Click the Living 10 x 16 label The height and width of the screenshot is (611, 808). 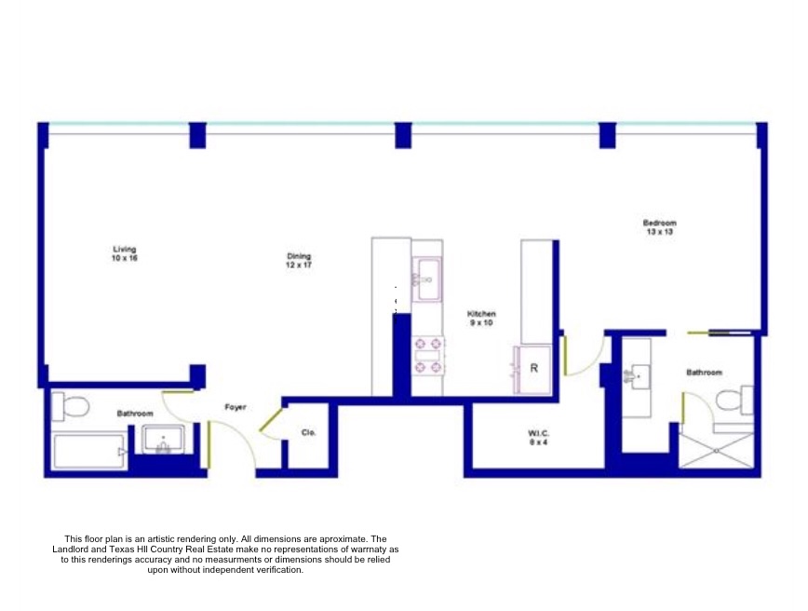(125, 252)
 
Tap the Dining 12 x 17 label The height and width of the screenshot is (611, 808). (298, 261)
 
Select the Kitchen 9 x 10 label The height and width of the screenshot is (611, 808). (481, 319)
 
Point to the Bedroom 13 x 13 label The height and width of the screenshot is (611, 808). (659, 227)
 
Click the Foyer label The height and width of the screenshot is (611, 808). (236, 407)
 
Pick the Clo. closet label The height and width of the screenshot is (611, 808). (308, 432)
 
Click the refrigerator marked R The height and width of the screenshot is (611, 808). (533, 368)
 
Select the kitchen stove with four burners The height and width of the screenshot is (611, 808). (428, 355)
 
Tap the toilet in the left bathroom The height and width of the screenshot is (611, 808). (71, 405)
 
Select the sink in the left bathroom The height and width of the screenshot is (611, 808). (165, 440)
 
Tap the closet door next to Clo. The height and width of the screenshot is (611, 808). (271, 420)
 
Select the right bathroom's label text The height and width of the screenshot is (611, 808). (704, 373)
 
